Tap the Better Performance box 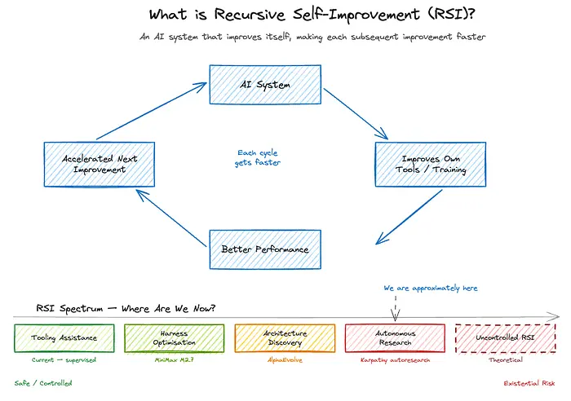point(264,249)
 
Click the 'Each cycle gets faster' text point(259,157)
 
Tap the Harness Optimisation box point(173,337)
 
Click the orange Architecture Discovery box point(285,337)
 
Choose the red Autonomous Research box point(395,337)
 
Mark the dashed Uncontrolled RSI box point(505,337)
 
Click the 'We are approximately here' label point(431,289)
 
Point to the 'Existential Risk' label point(528,382)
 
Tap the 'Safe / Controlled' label point(42,382)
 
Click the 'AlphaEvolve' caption point(285,359)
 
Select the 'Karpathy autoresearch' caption point(395,359)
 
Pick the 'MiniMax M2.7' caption point(173,359)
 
